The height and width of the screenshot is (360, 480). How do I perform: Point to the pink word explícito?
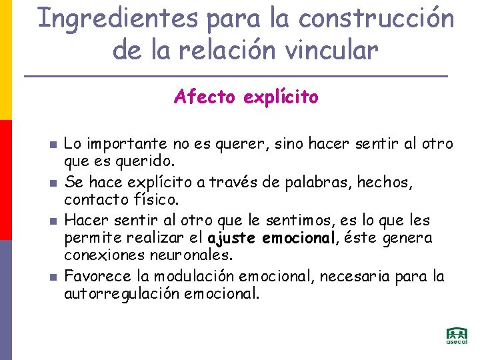pos(281,98)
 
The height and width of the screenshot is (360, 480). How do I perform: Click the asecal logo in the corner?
pos(457,336)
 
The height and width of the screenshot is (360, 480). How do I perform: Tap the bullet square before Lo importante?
pos(51,144)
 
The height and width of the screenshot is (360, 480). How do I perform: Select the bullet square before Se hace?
pos(51,182)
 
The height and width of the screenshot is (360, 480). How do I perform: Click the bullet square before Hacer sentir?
pos(51,220)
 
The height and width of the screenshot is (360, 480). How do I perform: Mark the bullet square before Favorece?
pos(51,276)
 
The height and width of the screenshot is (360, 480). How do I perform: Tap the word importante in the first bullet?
pos(123,144)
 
